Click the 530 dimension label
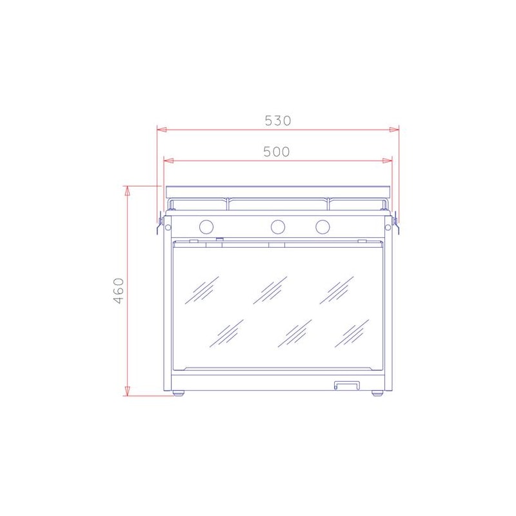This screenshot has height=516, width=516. [278, 121]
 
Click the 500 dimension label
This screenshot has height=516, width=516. [277, 152]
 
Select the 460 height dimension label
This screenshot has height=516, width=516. [119, 291]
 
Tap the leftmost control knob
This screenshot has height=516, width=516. [206, 226]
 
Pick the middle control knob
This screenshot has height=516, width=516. [278, 226]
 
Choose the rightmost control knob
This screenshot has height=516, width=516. [322, 226]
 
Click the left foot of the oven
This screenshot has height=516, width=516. [179, 393]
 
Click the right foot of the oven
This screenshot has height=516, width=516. [377, 393]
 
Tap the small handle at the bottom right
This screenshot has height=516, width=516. [347, 385]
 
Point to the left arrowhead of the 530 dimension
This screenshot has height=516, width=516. [162, 130]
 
